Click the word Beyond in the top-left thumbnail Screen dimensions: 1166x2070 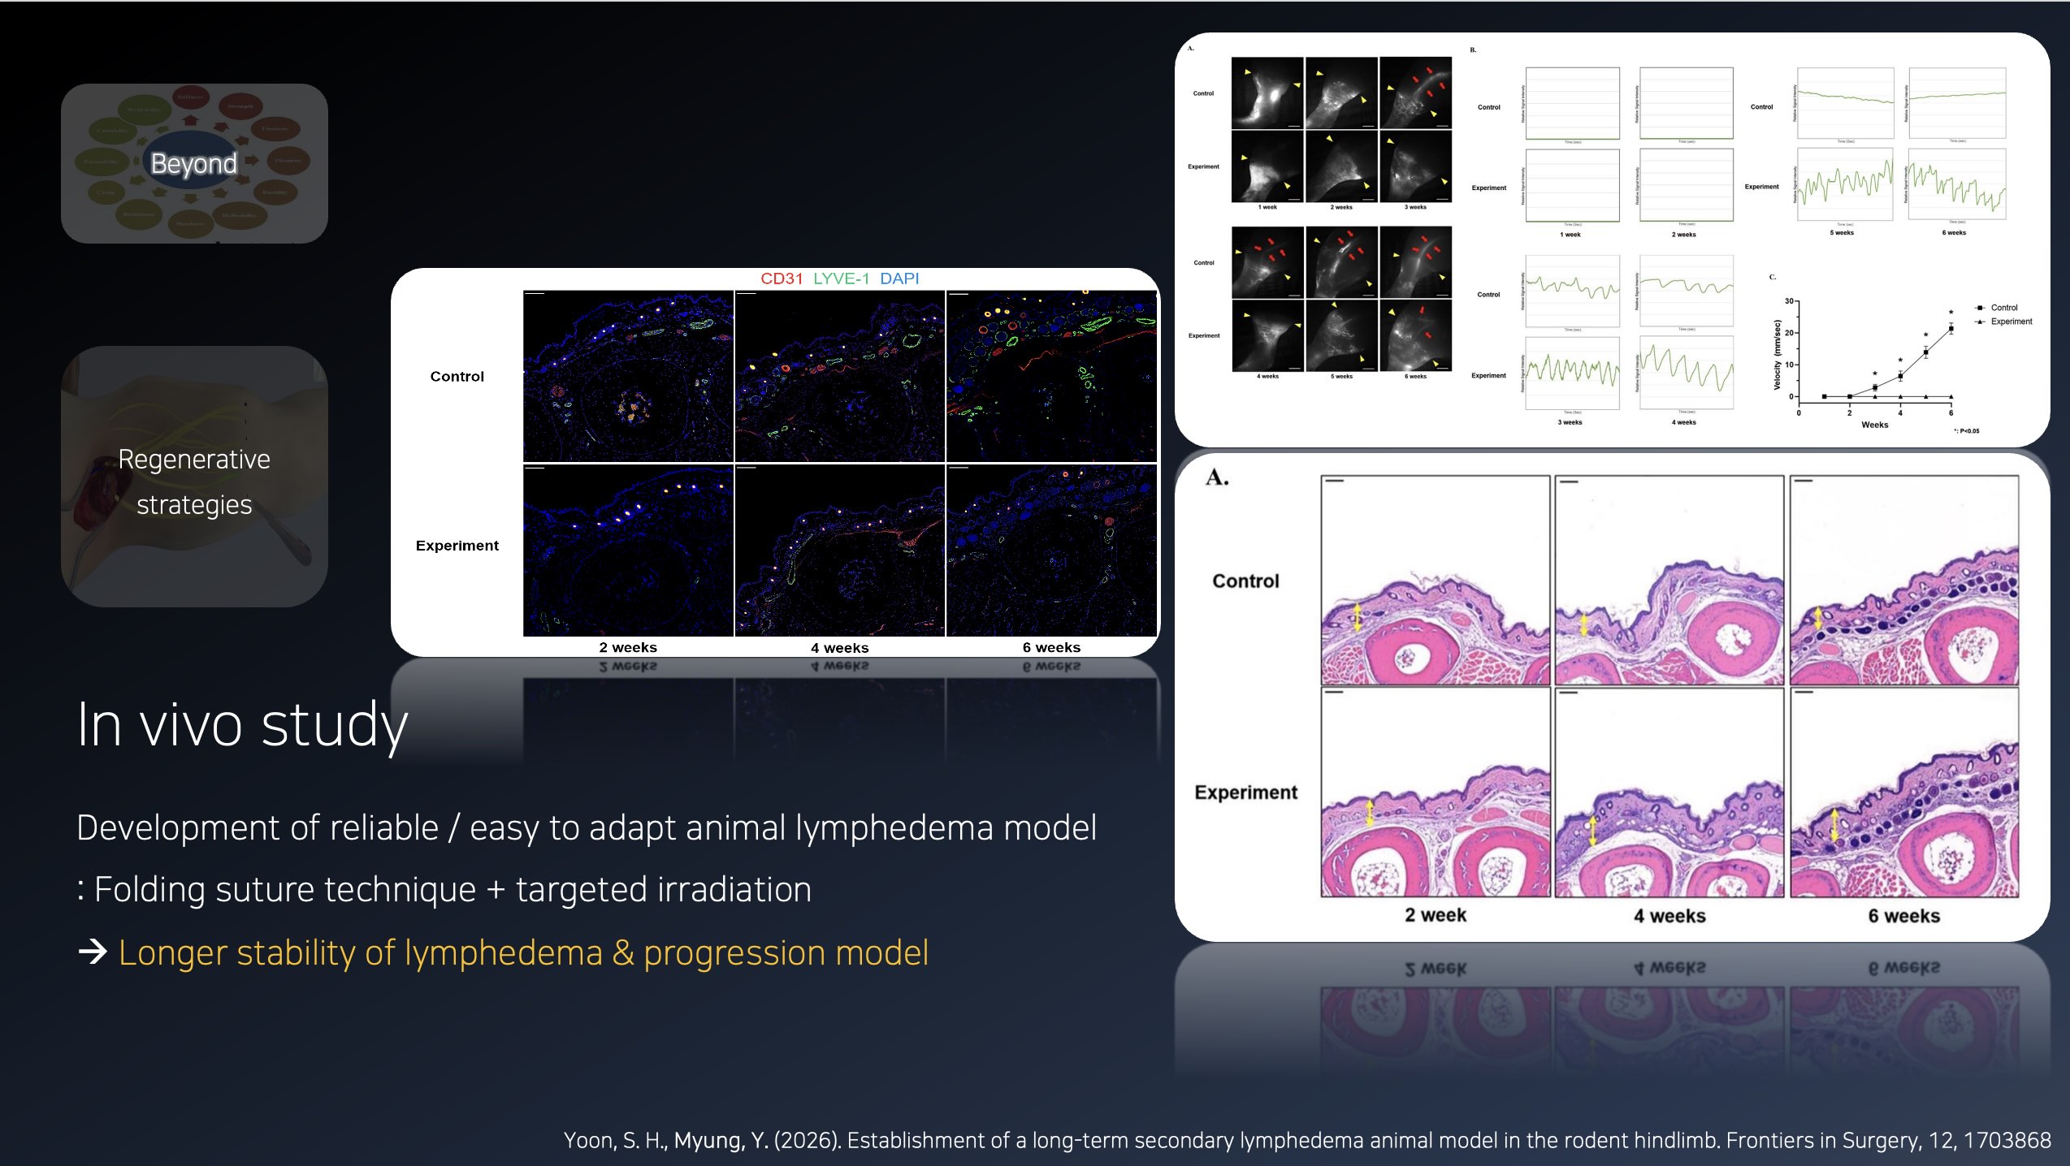click(x=193, y=163)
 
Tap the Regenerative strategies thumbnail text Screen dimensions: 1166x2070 click(x=194, y=482)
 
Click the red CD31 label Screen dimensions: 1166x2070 click(x=782, y=279)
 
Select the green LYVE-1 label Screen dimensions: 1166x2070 click(x=841, y=279)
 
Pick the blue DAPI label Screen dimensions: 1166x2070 click(x=899, y=279)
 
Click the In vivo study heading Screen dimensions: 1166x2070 click(x=242, y=724)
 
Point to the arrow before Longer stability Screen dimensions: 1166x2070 click(x=93, y=952)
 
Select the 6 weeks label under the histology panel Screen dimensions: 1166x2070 click(x=1903, y=916)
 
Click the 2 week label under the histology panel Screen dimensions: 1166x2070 click(x=1436, y=915)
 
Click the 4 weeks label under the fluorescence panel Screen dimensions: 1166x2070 click(x=839, y=648)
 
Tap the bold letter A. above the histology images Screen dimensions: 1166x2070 click(x=1217, y=477)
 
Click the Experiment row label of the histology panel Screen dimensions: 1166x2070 click(x=1245, y=792)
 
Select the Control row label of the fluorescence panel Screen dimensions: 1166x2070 click(x=457, y=377)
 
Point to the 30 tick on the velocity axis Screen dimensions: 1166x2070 click(x=1789, y=301)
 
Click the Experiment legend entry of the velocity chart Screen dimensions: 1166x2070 click(x=2011, y=322)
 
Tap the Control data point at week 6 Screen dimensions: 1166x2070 click(x=1951, y=329)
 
